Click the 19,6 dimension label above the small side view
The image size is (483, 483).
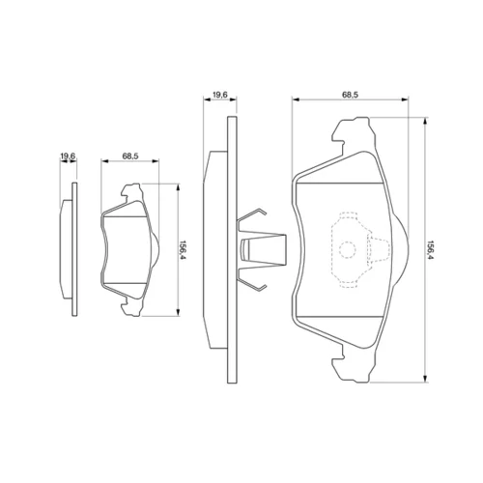tap(68, 156)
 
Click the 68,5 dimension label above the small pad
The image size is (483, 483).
tap(130, 156)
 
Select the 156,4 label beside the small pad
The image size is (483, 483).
tap(183, 249)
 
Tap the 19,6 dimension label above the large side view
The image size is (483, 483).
tap(220, 95)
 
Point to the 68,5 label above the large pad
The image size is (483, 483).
tap(350, 95)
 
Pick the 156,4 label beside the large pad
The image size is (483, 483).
tap(429, 250)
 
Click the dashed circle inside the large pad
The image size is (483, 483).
tap(348, 249)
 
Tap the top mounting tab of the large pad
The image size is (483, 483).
tap(354, 132)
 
